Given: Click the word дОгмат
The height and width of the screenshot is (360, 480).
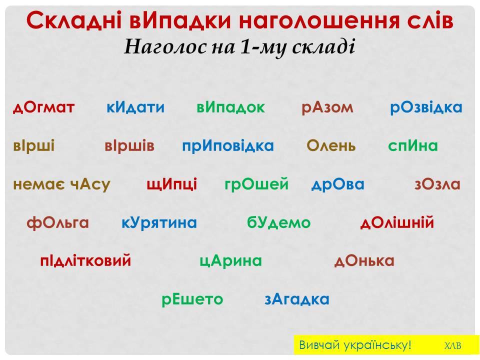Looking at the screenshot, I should (x=43, y=107).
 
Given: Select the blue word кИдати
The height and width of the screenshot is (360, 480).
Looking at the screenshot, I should (x=135, y=107).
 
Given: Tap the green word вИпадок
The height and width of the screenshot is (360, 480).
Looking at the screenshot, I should (x=230, y=107).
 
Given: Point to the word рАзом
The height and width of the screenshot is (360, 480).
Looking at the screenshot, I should (x=327, y=107).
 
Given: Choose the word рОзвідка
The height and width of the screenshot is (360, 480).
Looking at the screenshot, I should (x=426, y=107).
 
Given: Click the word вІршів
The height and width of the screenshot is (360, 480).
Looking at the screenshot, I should (x=129, y=146).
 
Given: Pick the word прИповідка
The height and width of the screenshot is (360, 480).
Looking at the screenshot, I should (x=228, y=146).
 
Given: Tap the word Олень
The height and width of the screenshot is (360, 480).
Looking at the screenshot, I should (x=331, y=146).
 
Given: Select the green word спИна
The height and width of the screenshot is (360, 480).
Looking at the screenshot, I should (x=413, y=146).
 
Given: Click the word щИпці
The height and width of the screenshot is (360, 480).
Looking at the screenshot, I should (x=172, y=184).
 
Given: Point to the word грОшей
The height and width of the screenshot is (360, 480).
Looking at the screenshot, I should (x=257, y=184).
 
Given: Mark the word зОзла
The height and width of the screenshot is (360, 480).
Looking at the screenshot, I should (x=437, y=184).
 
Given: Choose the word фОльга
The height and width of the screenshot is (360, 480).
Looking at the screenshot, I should (x=57, y=222).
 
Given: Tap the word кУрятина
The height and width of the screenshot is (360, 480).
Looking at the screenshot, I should (x=159, y=222).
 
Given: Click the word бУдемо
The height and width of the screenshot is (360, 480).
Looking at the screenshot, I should (x=279, y=222).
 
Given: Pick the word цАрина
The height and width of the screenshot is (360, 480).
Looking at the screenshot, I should (x=230, y=260).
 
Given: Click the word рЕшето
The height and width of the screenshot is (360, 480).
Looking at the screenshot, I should (x=192, y=299).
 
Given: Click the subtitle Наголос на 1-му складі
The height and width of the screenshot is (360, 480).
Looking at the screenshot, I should (x=239, y=47).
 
